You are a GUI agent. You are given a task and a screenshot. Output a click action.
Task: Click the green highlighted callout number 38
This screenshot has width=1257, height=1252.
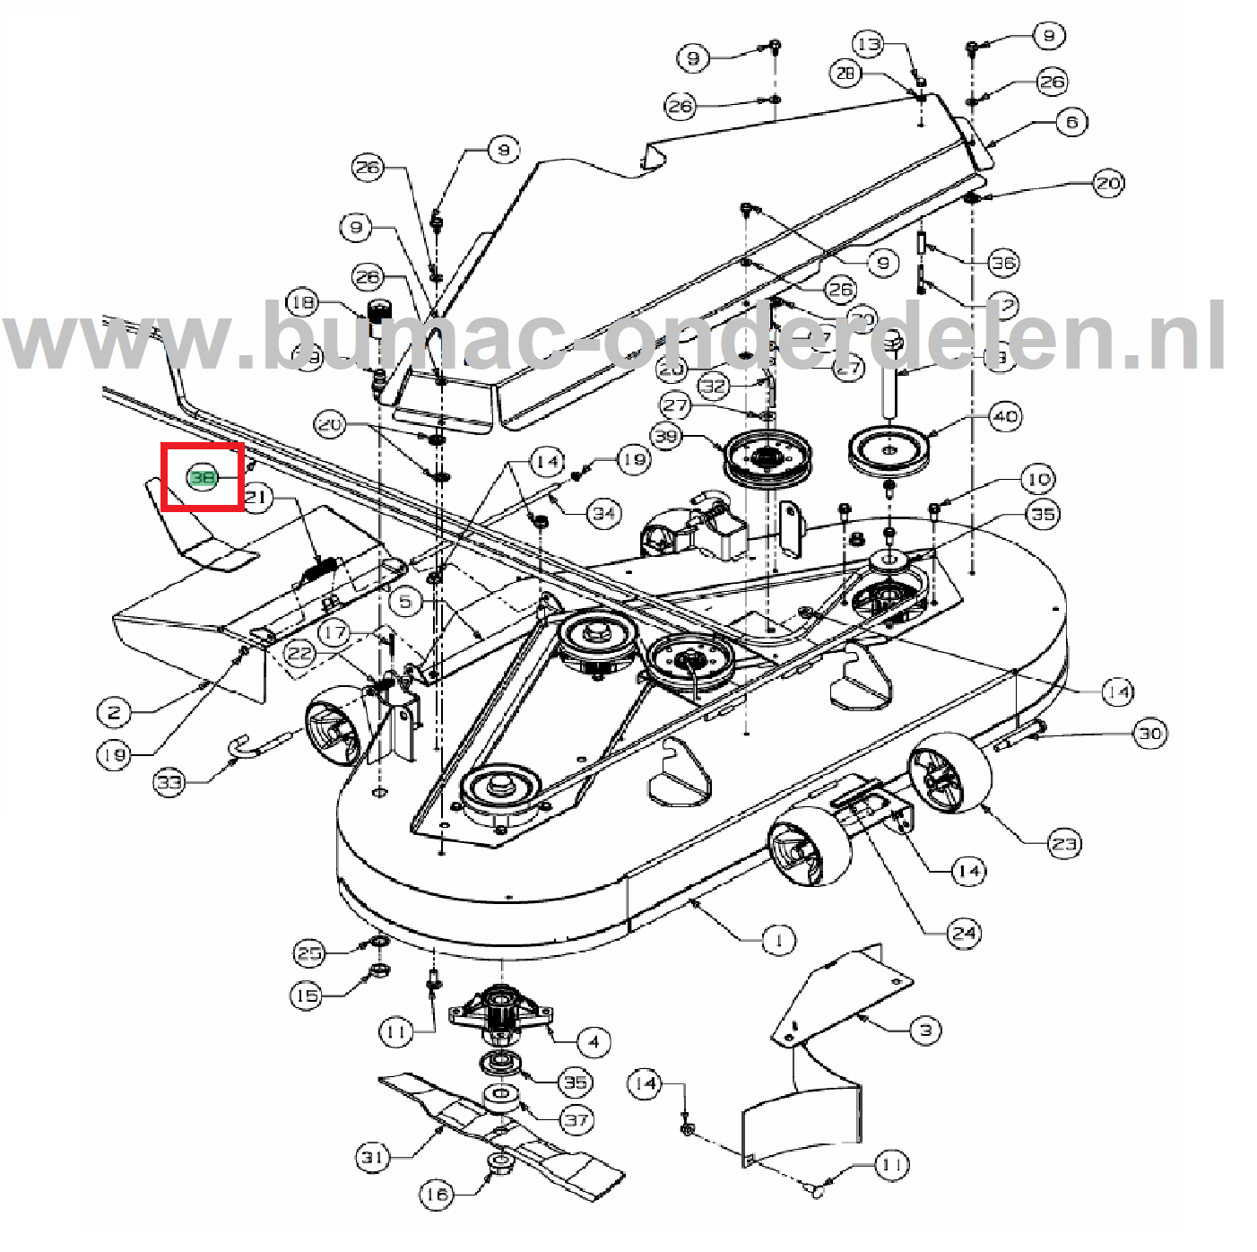[x=203, y=477]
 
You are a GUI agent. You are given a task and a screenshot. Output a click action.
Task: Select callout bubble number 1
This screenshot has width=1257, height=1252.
[x=778, y=940]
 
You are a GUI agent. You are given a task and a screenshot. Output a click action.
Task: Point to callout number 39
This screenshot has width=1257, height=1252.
[x=666, y=436]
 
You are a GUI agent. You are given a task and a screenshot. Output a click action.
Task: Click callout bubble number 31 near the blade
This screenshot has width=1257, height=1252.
[x=373, y=1157]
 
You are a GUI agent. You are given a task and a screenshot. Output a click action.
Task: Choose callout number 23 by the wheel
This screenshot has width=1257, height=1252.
[x=1064, y=843]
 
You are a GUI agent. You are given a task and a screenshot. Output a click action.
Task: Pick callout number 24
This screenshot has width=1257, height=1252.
[x=964, y=933]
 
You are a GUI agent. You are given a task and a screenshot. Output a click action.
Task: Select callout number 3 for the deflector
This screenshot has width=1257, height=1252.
[x=926, y=1030]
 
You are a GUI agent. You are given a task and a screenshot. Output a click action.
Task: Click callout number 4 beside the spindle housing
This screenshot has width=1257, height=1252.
[x=594, y=1041]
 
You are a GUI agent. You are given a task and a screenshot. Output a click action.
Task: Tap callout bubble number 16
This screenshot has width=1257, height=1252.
[x=437, y=1194]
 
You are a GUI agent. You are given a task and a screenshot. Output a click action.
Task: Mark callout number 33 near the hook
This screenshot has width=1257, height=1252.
[x=169, y=782]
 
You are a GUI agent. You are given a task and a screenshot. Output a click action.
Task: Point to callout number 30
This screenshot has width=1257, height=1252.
[x=1150, y=734]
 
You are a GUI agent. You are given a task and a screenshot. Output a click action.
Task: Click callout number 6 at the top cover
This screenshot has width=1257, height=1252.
[x=1072, y=122]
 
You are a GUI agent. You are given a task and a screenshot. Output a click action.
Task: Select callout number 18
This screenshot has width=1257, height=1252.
[x=302, y=302]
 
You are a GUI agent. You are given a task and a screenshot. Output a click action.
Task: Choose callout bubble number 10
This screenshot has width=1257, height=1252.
[x=1038, y=479]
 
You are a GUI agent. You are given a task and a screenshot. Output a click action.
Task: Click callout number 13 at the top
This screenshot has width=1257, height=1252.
[x=868, y=44]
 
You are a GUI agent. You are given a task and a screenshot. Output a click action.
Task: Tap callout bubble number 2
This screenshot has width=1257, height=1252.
[x=114, y=713]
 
